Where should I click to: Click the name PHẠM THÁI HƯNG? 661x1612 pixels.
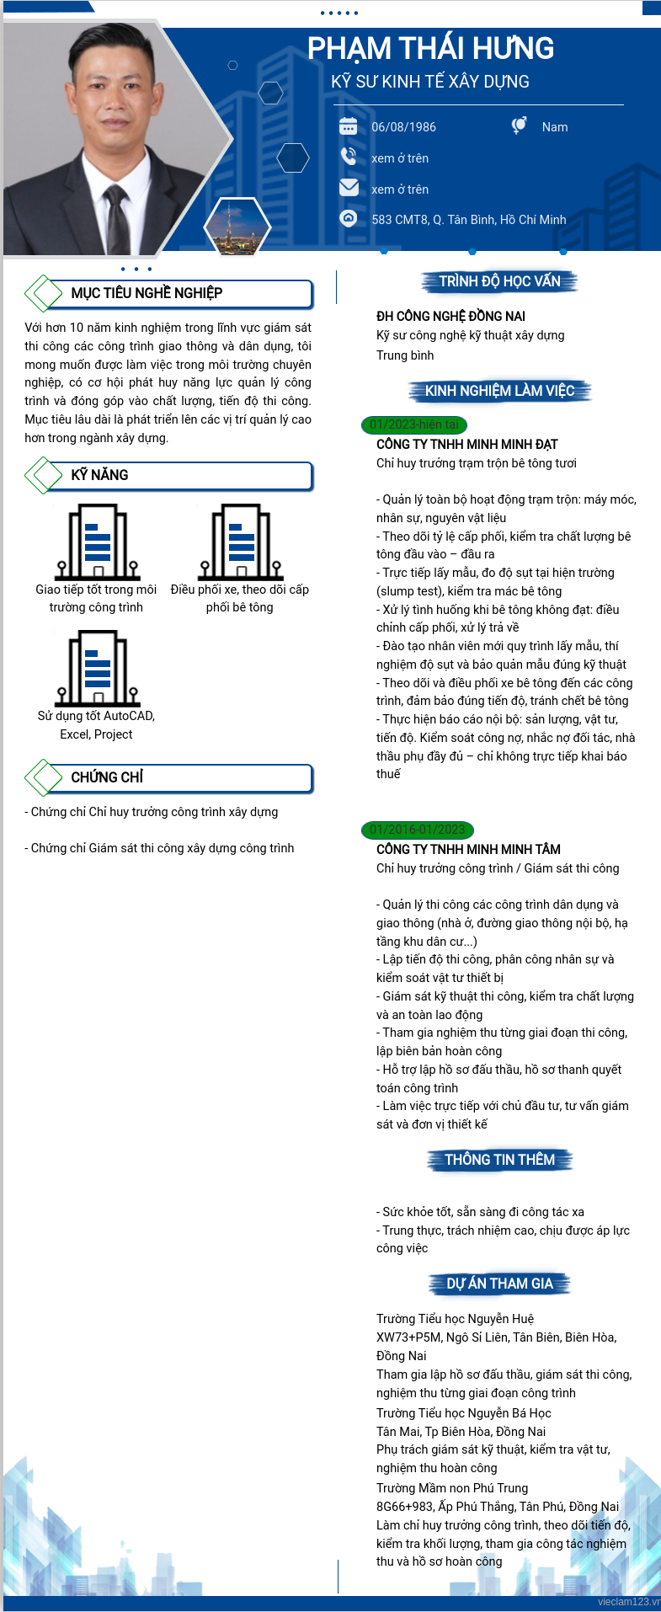point(430,49)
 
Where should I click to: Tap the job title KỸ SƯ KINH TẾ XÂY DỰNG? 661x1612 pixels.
point(430,82)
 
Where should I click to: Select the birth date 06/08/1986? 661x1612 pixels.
point(403,127)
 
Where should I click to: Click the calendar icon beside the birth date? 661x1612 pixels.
point(349,126)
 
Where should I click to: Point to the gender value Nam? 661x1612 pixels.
point(554,127)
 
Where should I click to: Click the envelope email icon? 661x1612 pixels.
point(349,188)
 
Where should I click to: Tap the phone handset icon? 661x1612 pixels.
point(349,157)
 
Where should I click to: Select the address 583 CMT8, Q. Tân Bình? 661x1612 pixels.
point(468,220)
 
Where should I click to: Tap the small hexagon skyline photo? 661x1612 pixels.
point(237,227)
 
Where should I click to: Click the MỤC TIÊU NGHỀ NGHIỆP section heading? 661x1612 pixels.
point(147,293)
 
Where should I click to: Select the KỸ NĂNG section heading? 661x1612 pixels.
point(99,475)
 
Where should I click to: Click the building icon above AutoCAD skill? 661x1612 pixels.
point(97,669)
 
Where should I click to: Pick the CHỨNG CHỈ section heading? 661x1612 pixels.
point(107,777)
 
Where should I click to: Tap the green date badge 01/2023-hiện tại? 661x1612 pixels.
point(413,424)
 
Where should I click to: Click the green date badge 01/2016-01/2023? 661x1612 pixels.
point(417,830)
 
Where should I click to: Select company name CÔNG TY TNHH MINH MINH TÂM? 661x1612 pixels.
point(468,849)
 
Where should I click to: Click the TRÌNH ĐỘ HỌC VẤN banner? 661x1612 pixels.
point(499,281)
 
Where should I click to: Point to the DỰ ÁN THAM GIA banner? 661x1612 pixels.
point(499,1284)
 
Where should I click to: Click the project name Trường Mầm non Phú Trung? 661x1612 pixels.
point(452,1488)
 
